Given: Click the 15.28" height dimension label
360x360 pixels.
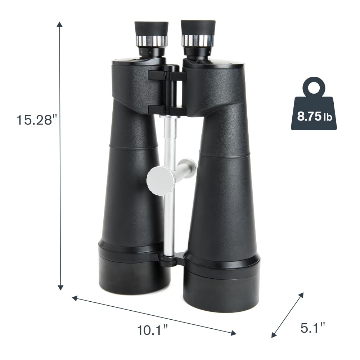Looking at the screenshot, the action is [36, 120].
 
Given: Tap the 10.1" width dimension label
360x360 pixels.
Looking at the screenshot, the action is [152, 330].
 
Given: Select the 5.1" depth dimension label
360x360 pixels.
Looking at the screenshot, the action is [313, 328].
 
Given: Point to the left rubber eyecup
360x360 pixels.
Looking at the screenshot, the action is [151, 29].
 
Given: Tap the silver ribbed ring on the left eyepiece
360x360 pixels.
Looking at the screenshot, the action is [151, 41].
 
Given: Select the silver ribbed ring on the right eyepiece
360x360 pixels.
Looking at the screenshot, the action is [198, 40].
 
